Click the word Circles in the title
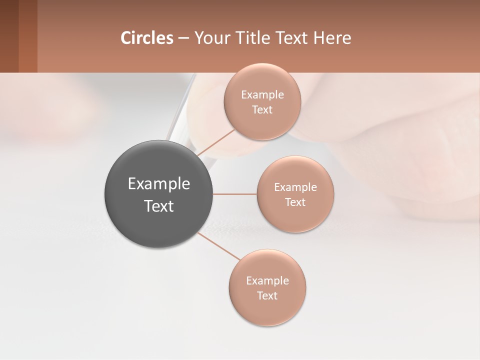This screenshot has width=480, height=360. [146, 38]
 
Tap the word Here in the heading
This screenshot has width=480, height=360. [332, 38]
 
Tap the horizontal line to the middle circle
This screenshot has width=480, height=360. [234, 194]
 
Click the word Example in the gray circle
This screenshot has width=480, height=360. [158, 184]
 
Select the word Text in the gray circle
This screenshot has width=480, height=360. [158, 206]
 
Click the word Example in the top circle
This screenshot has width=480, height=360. [262, 95]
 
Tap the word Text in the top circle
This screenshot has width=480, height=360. [262, 110]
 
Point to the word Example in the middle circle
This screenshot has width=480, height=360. [295, 187]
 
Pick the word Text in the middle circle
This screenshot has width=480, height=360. [295, 202]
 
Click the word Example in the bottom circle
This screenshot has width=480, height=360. [267, 281]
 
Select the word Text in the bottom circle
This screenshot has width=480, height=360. [267, 296]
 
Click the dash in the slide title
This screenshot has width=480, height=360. [183, 38]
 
